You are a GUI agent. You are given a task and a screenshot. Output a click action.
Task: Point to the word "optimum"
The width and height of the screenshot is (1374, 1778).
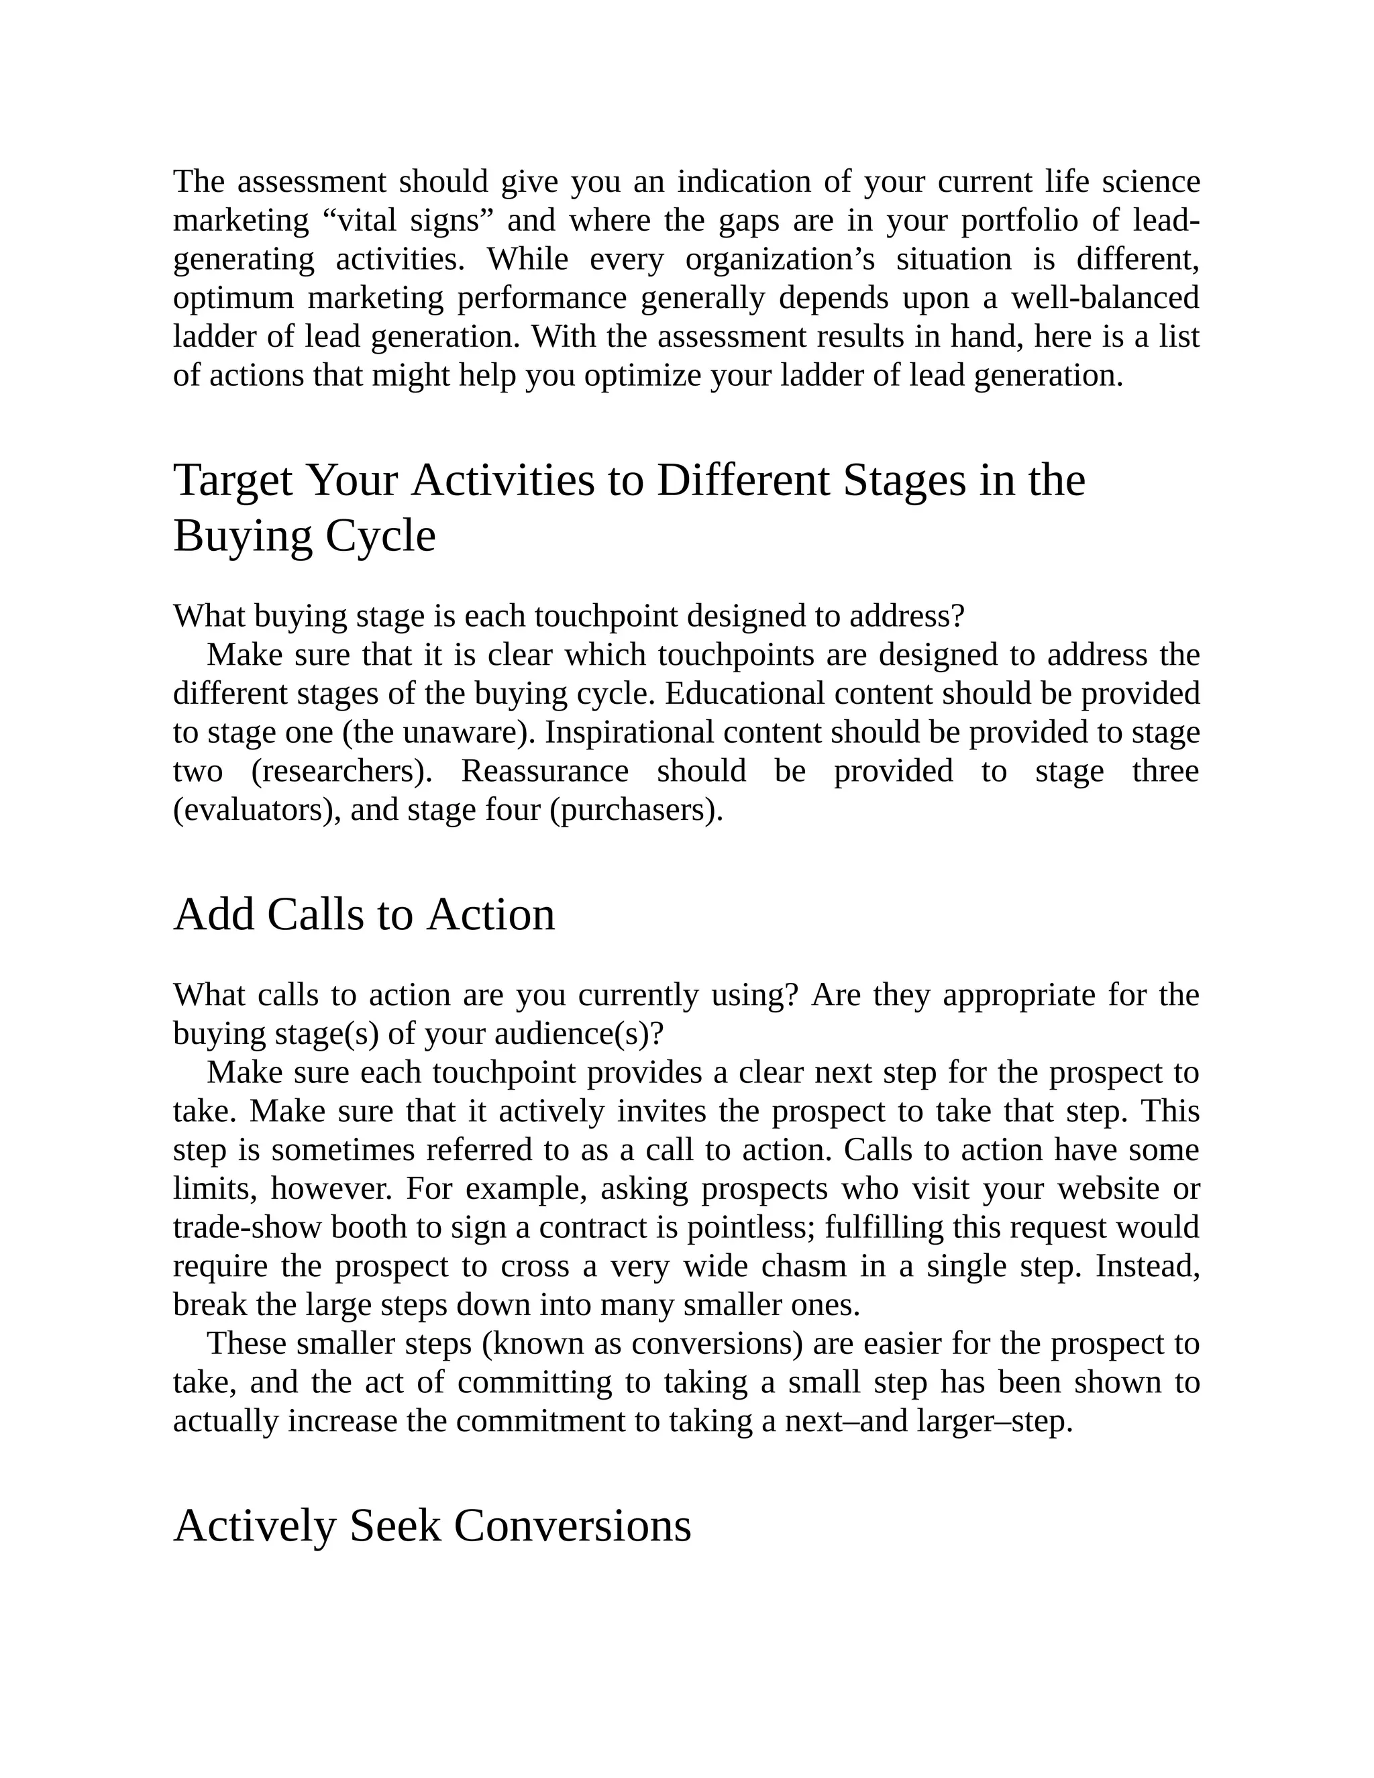click(x=233, y=298)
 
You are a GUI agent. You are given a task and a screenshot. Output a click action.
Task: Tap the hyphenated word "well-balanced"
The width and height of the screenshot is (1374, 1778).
click(x=1104, y=298)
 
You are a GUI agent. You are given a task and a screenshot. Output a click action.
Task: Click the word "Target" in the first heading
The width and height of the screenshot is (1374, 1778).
click(x=232, y=480)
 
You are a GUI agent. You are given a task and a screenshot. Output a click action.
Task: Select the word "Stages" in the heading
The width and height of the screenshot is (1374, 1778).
click(x=904, y=480)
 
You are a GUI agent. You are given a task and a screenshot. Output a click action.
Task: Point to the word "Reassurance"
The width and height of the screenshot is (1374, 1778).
click(x=545, y=771)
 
